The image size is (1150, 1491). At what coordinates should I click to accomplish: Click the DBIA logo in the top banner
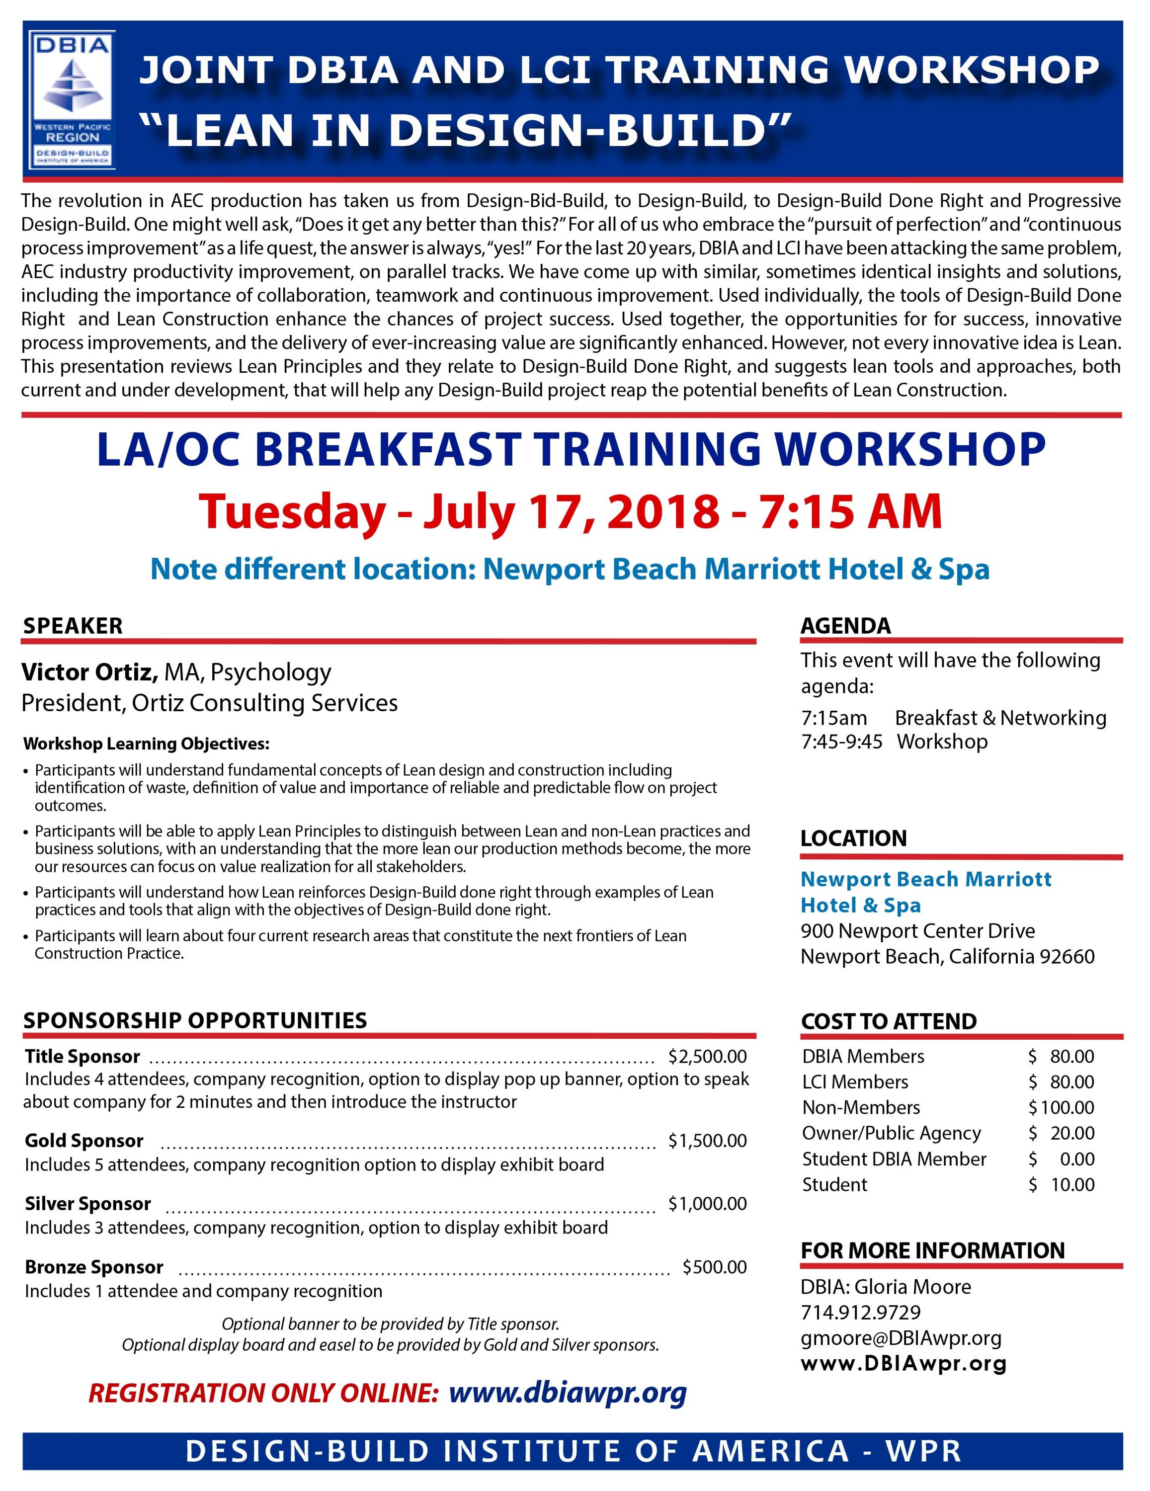(x=73, y=100)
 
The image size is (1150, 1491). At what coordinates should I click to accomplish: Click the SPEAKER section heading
(x=73, y=626)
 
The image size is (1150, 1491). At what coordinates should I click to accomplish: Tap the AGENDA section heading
(x=846, y=626)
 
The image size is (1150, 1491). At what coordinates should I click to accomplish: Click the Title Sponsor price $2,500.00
(x=708, y=1056)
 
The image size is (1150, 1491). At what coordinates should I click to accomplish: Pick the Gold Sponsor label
(x=84, y=1141)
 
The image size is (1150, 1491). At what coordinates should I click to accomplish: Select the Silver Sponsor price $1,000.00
(x=708, y=1204)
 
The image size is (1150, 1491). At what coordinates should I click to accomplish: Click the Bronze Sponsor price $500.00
(x=715, y=1267)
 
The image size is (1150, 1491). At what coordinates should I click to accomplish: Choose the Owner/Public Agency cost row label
(x=892, y=1133)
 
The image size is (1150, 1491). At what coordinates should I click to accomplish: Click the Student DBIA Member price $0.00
(x=1062, y=1159)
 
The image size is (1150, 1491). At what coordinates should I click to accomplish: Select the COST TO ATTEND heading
(x=889, y=1021)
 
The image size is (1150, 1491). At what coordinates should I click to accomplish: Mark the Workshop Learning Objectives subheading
(x=146, y=744)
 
